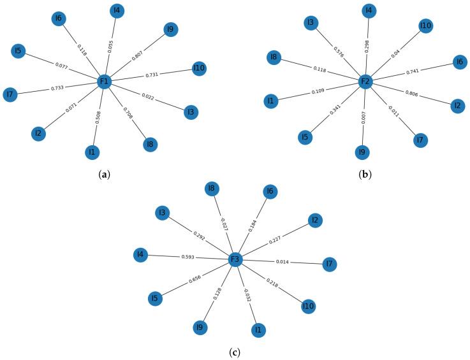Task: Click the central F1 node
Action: point(105,82)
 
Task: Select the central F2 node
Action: point(365,82)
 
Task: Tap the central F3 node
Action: point(235,259)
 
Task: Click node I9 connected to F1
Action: point(170,29)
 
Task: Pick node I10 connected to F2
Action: point(426,25)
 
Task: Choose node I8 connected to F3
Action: point(212,189)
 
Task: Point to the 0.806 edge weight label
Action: point(411,94)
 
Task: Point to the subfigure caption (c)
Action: point(235,350)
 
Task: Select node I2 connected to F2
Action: point(456,106)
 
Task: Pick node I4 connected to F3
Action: point(140,255)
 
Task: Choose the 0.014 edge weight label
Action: point(283,262)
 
